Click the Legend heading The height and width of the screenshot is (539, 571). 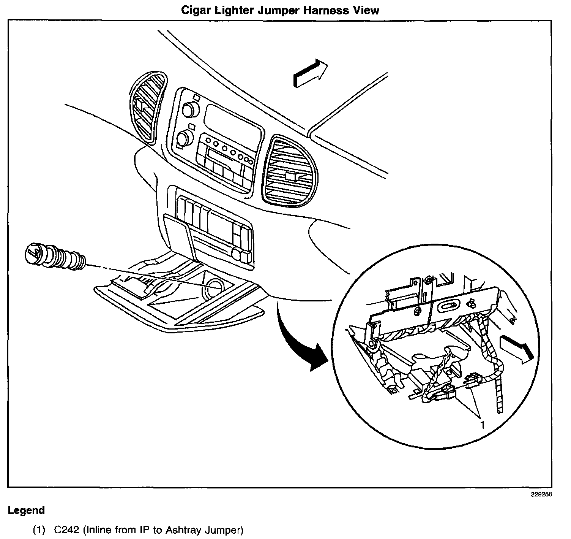pos(26,510)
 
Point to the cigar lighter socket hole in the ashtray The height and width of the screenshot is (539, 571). pos(215,288)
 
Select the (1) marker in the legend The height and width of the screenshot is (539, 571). pos(39,530)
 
